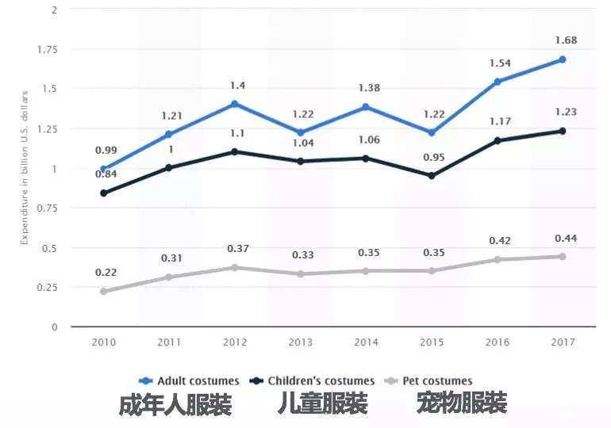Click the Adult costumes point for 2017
(562, 59)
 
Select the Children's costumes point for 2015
(432, 175)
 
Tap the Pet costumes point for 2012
(234, 267)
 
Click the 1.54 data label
(497, 63)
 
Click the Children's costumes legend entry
(315, 380)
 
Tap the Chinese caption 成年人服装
(175, 405)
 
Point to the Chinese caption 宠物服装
(461, 404)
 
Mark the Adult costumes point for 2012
(234, 104)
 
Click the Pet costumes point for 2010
(103, 291)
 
